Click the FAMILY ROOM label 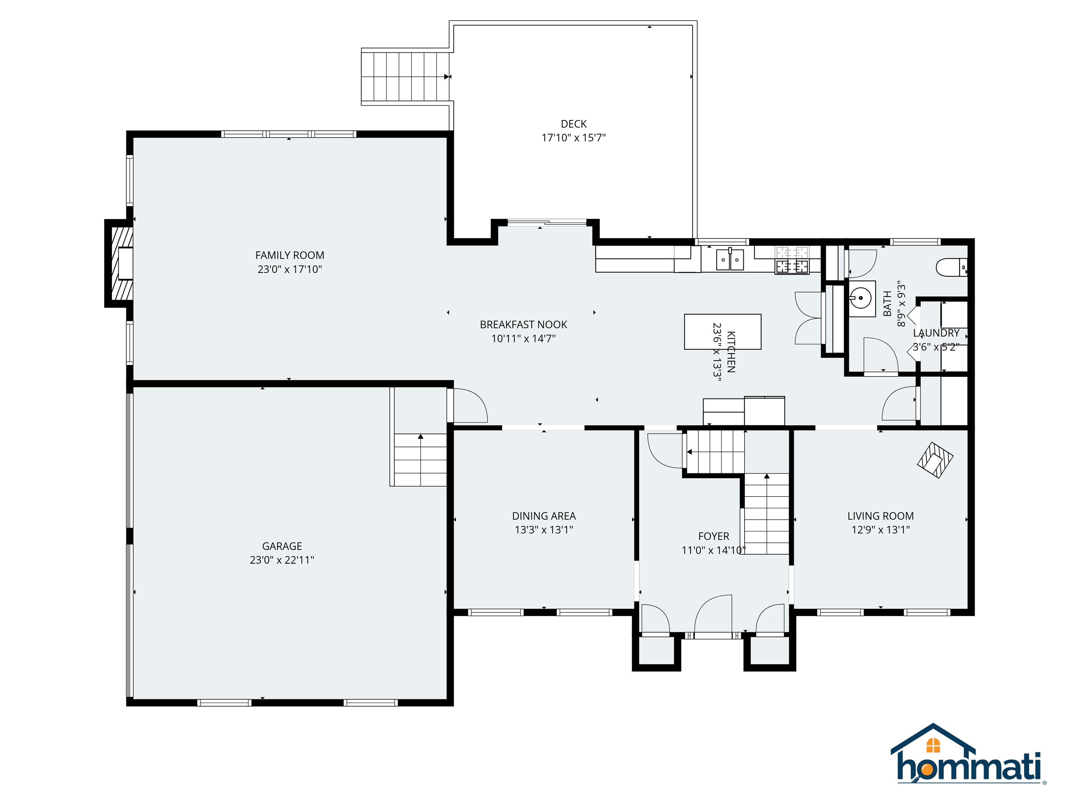coord(289,255)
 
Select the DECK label coord(573,124)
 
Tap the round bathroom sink coord(862,296)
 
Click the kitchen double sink coord(730,259)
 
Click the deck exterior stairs coord(405,76)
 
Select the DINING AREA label coord(543,516)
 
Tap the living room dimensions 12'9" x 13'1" coord(881,530)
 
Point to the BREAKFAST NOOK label coord(523,325)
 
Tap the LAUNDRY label coord(936,333)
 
